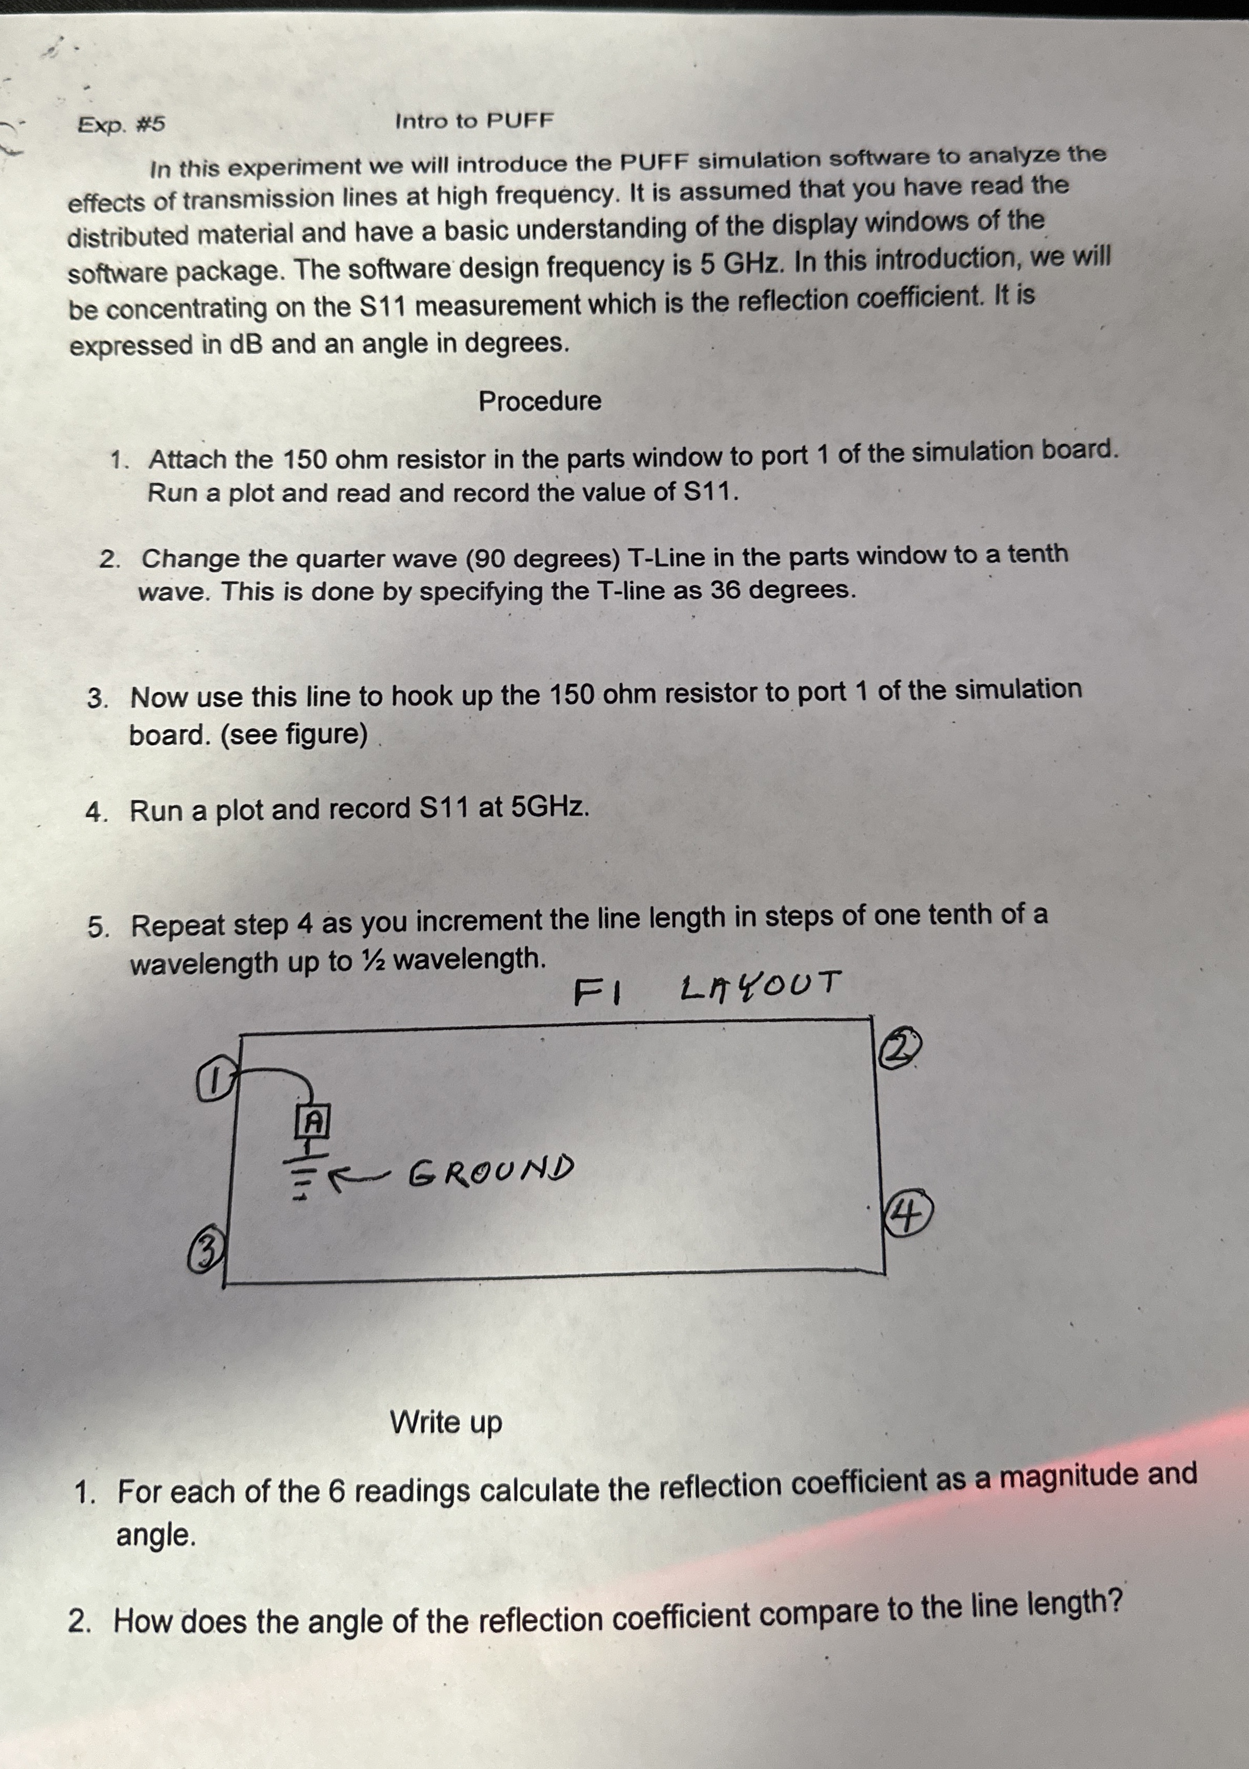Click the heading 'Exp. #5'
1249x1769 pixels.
click(x=121, y=124)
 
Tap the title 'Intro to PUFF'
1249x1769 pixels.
click(x=474, y=121)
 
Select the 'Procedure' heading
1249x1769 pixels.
click(x=540, y=401)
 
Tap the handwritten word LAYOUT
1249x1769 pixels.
click(x=759, y=986)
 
